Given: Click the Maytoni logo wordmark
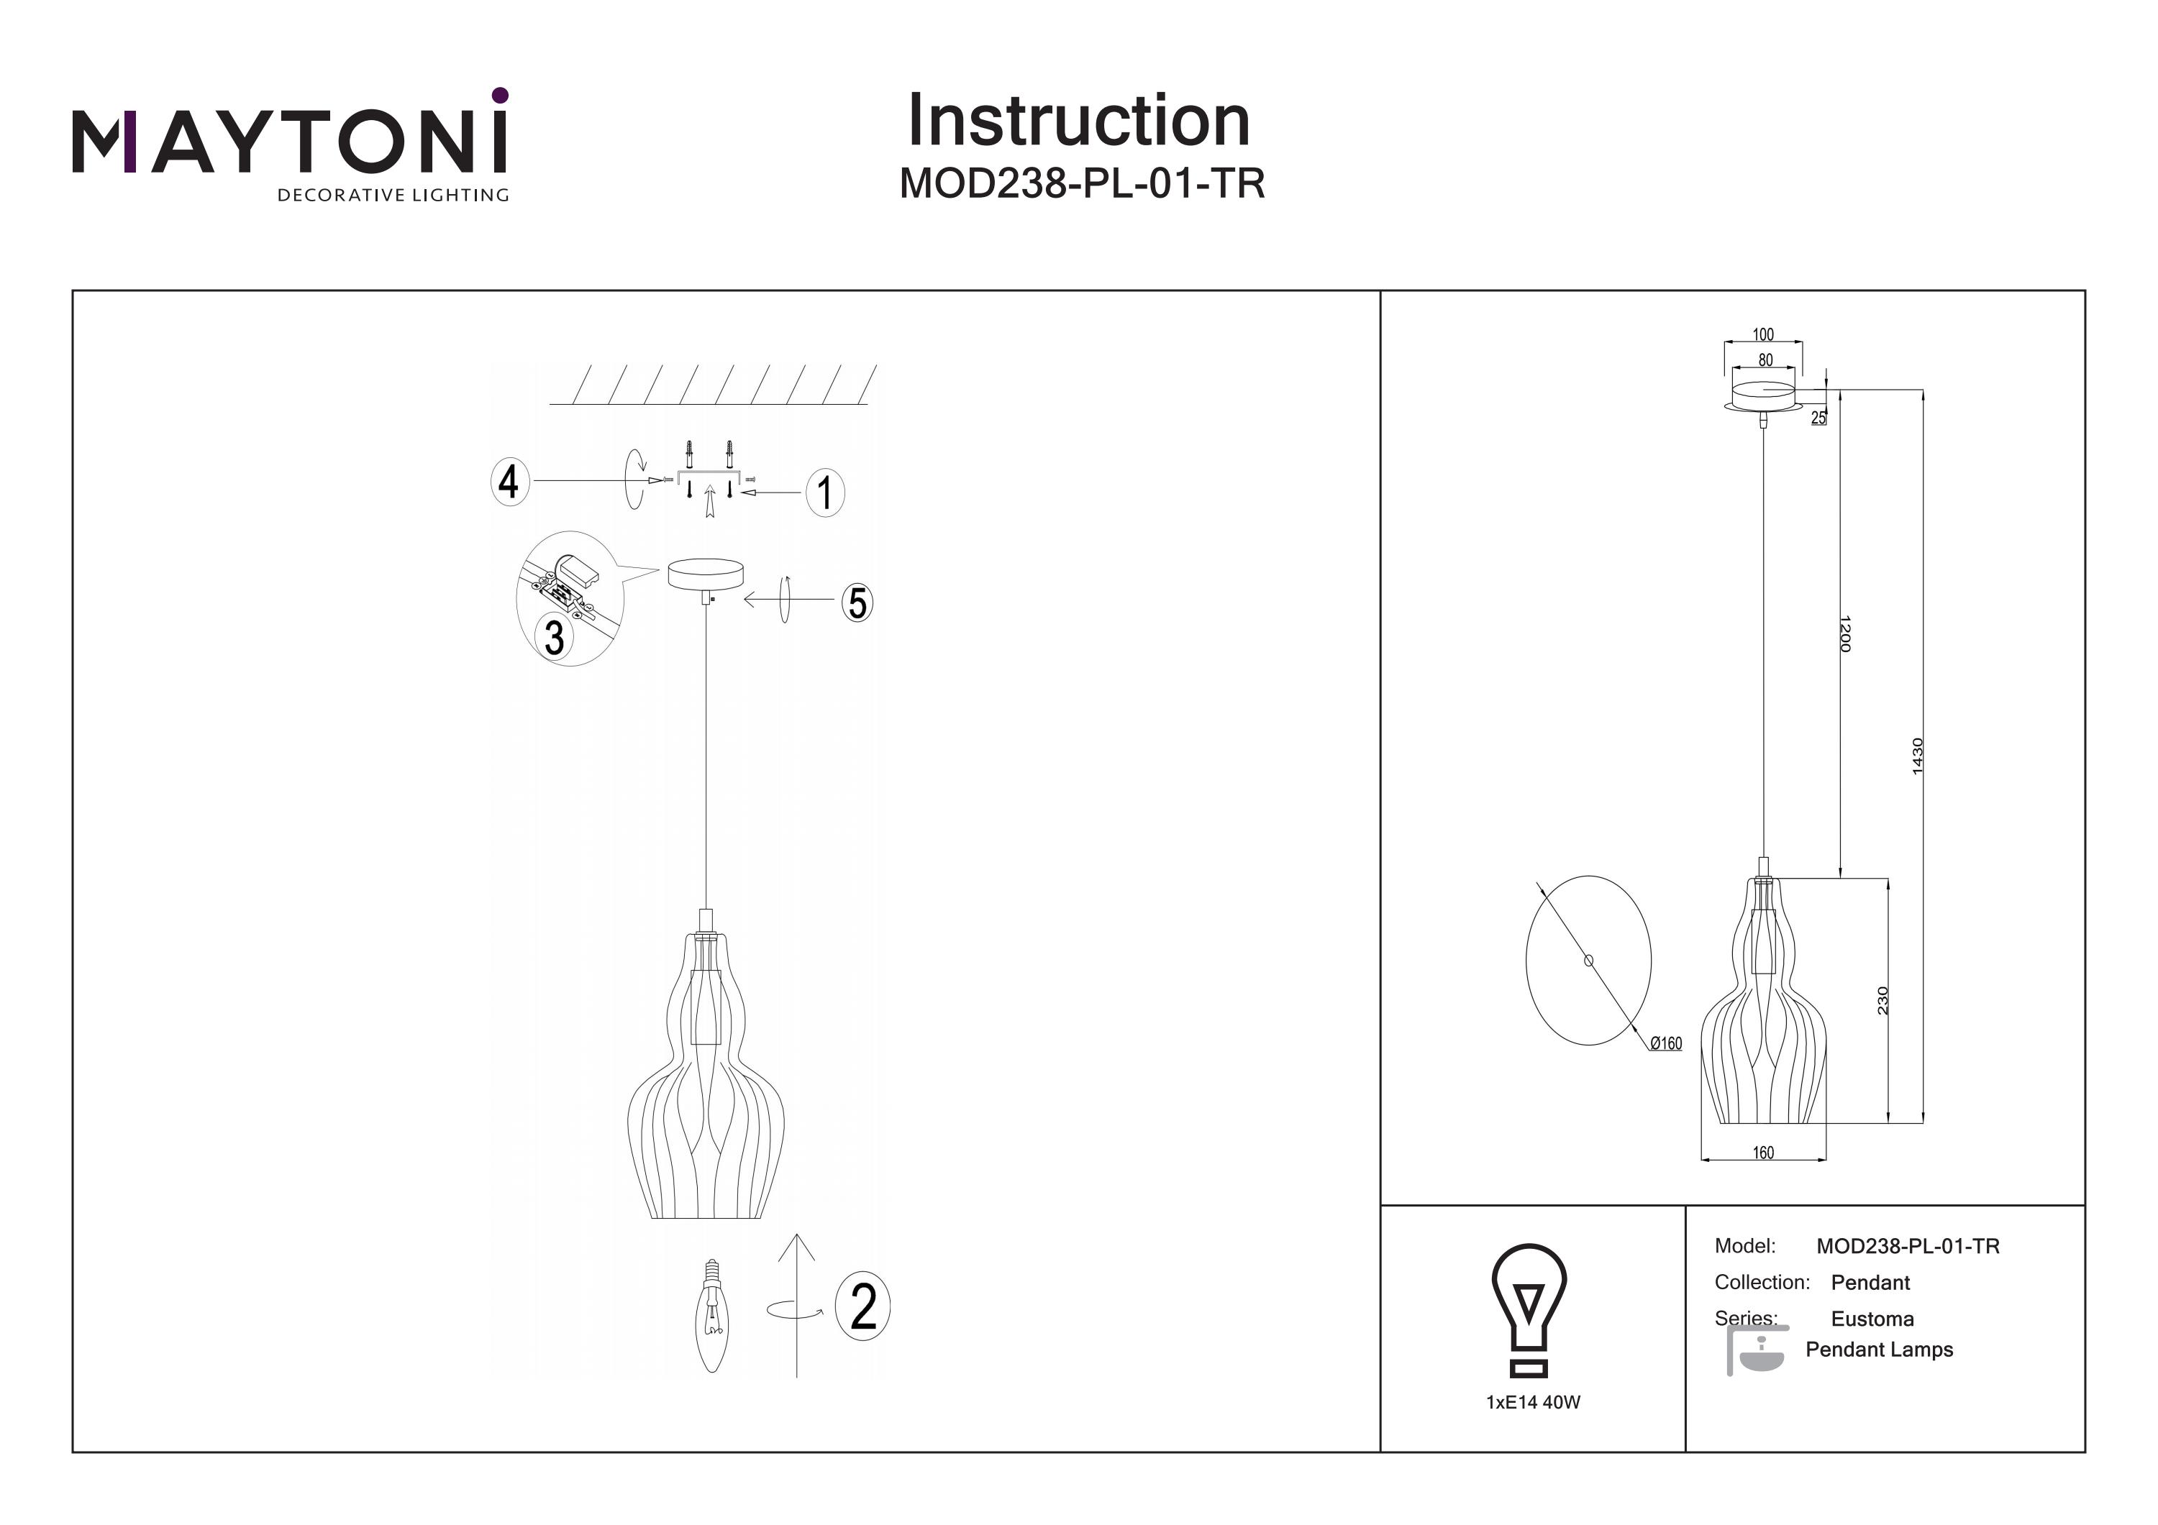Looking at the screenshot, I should (x=289, y=143).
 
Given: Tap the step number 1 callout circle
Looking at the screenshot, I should (x=825, y=493).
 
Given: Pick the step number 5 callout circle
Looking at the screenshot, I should (x=856, y=603).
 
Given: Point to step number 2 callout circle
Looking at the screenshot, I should (x=862, y=1306).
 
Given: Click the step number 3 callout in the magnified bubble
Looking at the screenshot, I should (x=555, y=638).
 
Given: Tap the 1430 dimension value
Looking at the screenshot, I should (x=1918, y=756).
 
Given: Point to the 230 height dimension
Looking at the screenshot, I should (x=1882, y=1001).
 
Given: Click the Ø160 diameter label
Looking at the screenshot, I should (x=1665, y=1043).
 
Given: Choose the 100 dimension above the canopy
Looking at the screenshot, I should (x=1763, y=334).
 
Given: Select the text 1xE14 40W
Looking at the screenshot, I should (x=1533, y=1403).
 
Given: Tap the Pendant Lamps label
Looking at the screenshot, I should (x=1879, y=1350).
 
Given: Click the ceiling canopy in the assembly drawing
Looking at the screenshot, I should (x=705, y=573).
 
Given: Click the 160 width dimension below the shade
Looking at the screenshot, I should (x=1763, y=1153).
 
